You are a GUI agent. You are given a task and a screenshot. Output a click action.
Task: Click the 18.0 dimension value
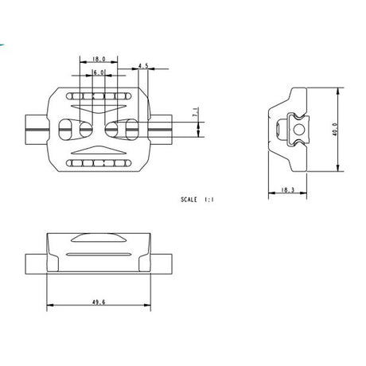(99, 59)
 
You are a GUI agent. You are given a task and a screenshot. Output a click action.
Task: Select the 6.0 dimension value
(99, 72)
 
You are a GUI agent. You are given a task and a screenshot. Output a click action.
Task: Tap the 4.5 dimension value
(143, 67)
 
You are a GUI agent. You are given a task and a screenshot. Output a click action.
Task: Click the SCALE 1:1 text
(197, 201)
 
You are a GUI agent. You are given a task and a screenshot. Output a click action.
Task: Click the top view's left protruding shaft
(36, 127)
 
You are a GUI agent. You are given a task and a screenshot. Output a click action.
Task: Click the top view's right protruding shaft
(162, 127)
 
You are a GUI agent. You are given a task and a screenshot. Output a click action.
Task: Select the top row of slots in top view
(99, 95)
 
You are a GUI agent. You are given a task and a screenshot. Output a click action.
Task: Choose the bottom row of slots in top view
(99, 163)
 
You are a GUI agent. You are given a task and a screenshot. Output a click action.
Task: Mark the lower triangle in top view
(99, 148)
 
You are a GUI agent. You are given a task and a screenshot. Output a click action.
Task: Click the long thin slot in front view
(99, 253)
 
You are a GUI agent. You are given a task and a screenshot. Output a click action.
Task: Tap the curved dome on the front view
(99, 237)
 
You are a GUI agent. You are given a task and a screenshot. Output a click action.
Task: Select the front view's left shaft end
(36, 263)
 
